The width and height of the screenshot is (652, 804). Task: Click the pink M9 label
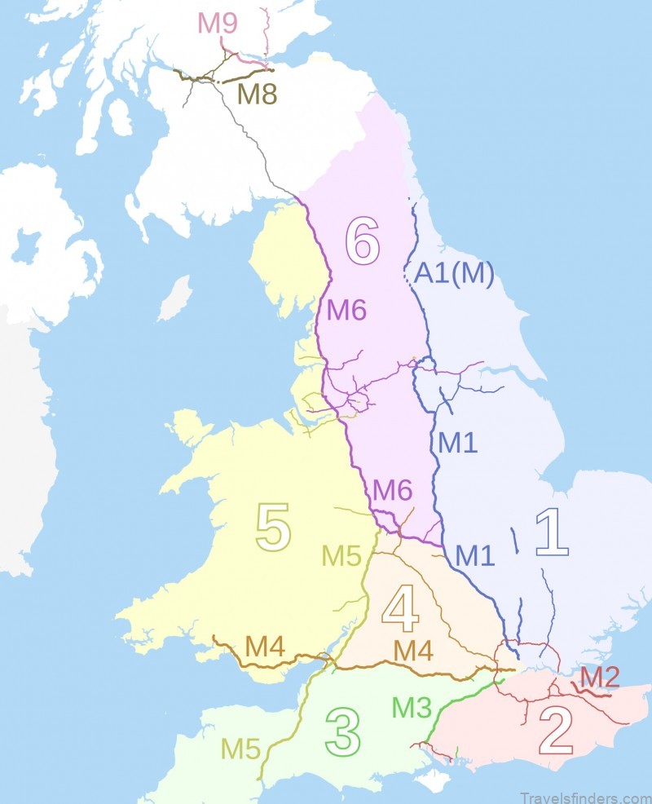coord(218,23)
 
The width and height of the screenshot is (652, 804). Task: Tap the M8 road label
coord(258,95)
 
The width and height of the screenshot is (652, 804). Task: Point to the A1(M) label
coord(454,275)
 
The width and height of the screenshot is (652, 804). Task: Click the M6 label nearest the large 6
coord(347,310)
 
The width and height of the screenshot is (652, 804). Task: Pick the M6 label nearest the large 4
coord(392,491)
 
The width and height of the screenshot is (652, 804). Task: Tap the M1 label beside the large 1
coord(477,555)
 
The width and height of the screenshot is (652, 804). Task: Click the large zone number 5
coord(273,528)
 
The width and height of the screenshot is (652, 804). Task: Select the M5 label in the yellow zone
coord(341,556)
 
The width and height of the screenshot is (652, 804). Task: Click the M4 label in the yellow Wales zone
coord(265,646)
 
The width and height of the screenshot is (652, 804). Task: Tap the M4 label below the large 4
coord(413,652)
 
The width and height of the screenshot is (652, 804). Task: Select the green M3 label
coord(412,707)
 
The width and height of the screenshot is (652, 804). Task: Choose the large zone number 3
coord(342,732)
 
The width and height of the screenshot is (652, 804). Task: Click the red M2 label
coord(600,676)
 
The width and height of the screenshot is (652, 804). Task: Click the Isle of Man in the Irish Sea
coord(174,298)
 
